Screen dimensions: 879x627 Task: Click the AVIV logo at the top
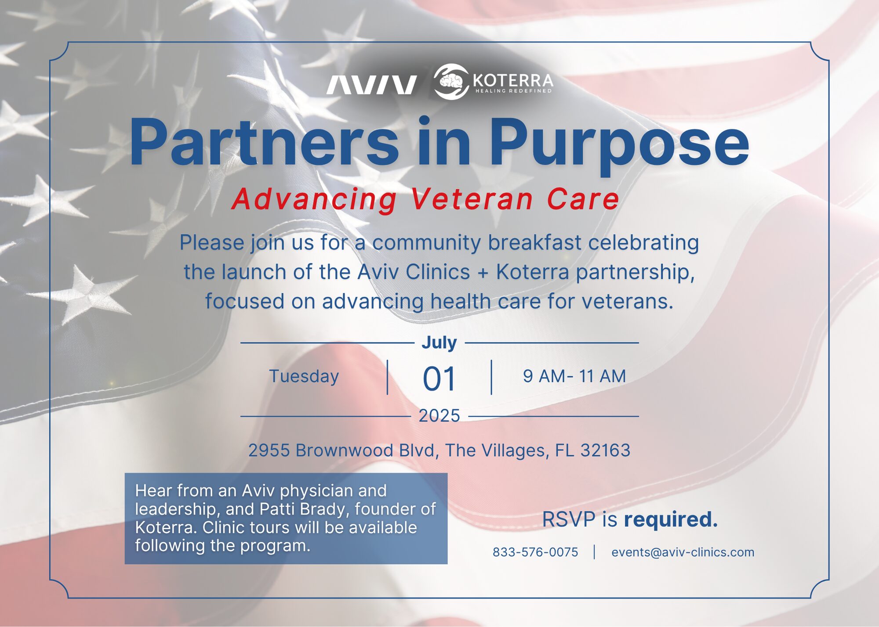pyautogui.click(x=371, y=85)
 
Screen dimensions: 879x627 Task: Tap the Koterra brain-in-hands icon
pyautogui.click(x=451, y=82)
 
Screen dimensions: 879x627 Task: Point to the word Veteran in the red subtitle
pyautogui.click(x=472, y=199)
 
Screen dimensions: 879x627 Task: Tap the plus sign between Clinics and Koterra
pyautogui.click(x=483, y=273)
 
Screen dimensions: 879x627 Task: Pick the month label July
pyautogui.click(x=439, y=342)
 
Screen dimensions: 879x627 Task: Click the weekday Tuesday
pyautogui.click(x=304, y=376)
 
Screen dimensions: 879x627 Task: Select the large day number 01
pyautogui.click(x=439, y=378)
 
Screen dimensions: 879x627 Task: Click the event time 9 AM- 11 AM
pyautogui.click(x=574, y=376)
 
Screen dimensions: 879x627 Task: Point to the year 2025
pyautogui.click(x=439, y=415)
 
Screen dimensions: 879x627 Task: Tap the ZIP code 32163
pyautogui.click(x=605, y=450)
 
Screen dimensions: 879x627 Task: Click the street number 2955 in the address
pyautogui.click(x=269, y=450)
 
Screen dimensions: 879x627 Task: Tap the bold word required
pyautogui.click(x=671, y=520)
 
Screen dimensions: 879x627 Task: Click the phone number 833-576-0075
pyautogui.click(x=535, y=552)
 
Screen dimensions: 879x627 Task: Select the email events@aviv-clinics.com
pyautogui.click(x=683, y=552)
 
